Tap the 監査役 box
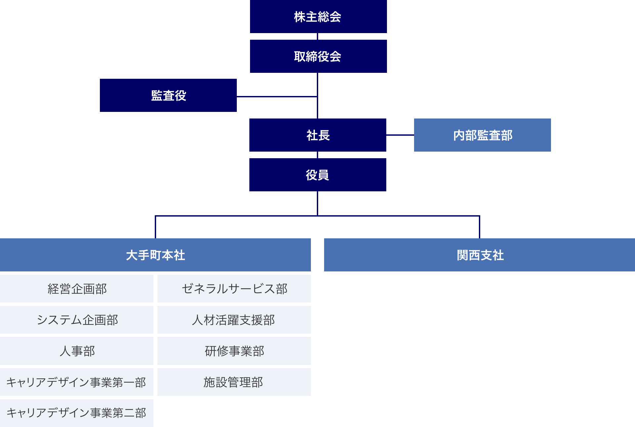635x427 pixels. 168,95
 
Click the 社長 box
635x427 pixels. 317,135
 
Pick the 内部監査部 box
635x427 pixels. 482,135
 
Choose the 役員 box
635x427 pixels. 317,175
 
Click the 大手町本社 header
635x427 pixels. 155,255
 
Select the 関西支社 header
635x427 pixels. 480,255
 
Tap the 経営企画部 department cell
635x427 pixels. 77,289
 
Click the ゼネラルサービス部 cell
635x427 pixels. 234,289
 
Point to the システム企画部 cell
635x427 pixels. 77,320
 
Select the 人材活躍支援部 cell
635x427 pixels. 234,320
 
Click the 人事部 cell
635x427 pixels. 77,351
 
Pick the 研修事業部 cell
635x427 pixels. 234,351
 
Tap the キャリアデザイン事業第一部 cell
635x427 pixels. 77,382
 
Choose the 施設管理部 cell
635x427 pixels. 234,382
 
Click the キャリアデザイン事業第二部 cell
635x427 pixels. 77,413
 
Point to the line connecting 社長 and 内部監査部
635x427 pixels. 400,135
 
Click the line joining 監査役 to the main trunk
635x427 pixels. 277,96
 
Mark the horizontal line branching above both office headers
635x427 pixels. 397,216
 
